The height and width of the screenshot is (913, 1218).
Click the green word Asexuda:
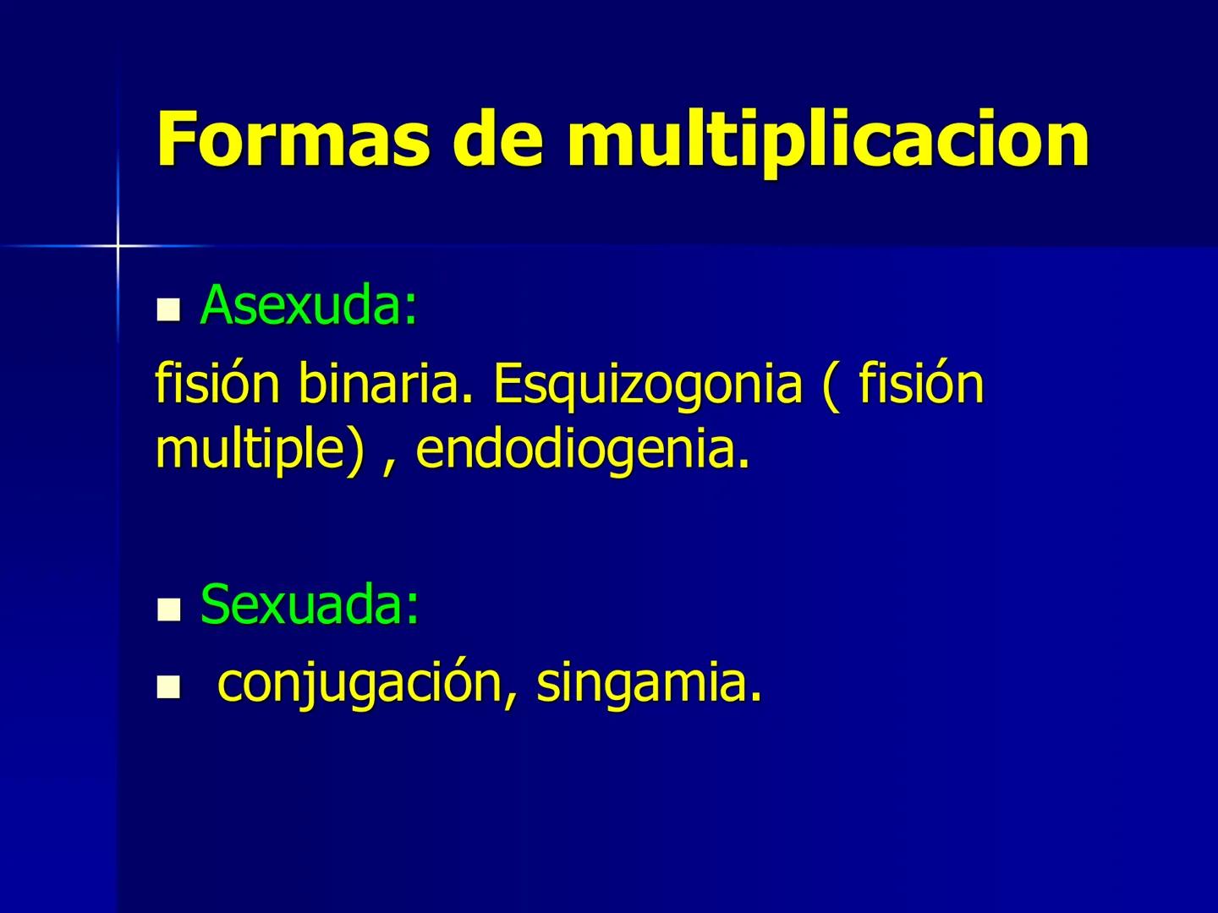(309, 305)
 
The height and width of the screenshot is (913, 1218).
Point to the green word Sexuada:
(310, 605)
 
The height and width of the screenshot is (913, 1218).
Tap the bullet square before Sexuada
(169, 610)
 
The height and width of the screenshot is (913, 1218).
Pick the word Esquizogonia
(647, 385)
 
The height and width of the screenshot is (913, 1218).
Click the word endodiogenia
(582, 449)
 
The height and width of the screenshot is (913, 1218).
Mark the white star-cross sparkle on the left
(118, 245)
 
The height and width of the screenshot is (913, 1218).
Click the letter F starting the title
(176, 139)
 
